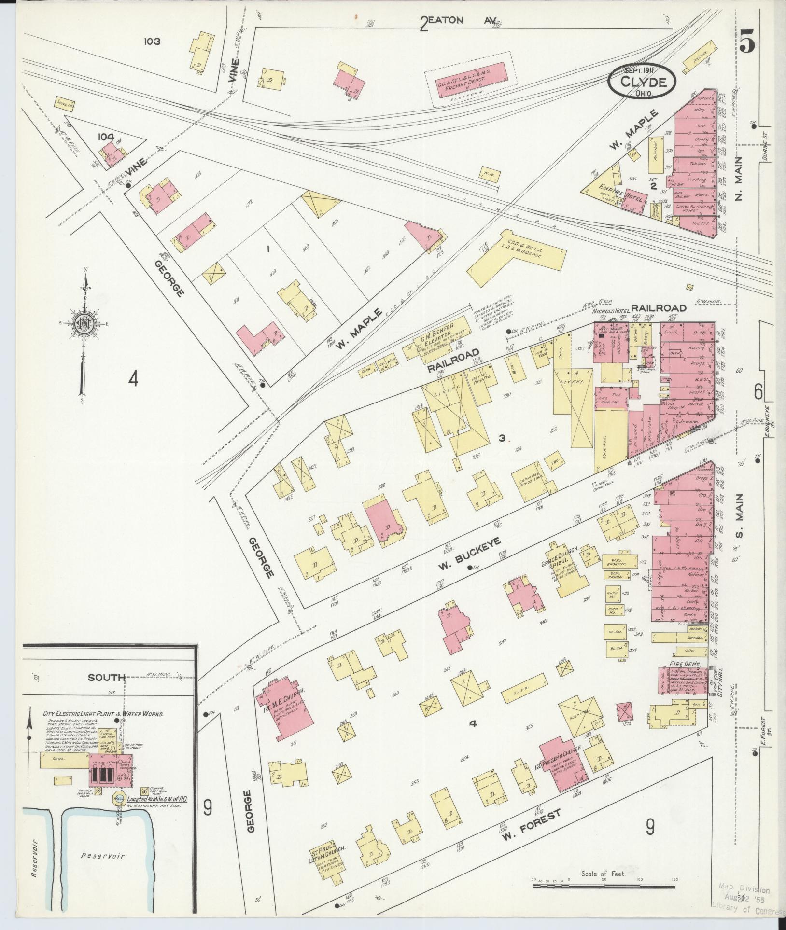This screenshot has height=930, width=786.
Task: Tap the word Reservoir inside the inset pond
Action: [x=102, y=856]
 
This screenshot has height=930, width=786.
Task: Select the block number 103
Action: [x=152, y=42]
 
